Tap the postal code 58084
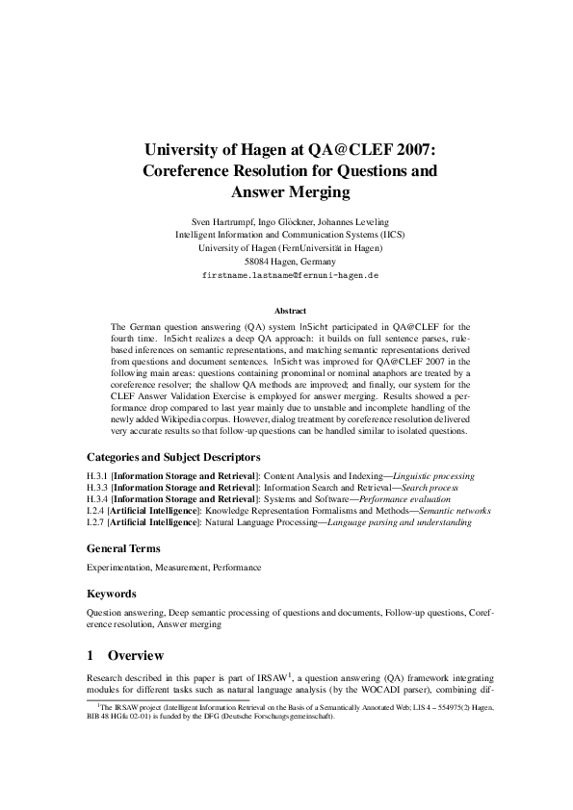click(257, 261)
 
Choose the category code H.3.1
click(97, 476)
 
